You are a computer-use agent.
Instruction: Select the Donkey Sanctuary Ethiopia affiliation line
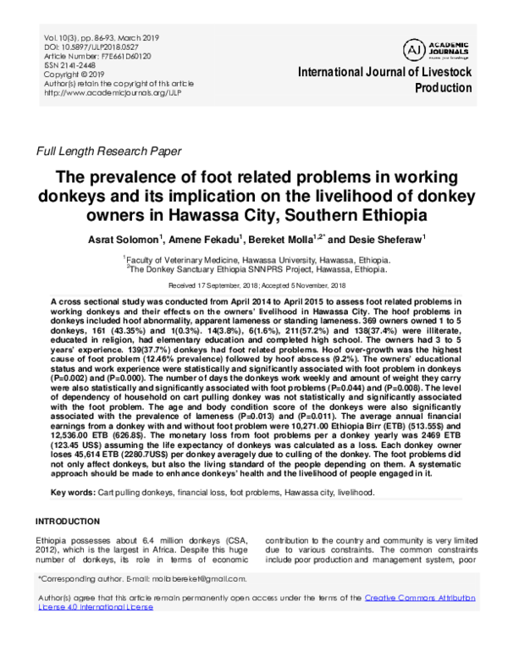[x=253, y=270]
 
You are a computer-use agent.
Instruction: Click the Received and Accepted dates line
[x=253, y=287]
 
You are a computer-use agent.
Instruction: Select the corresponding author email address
[x=193, y=579]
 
